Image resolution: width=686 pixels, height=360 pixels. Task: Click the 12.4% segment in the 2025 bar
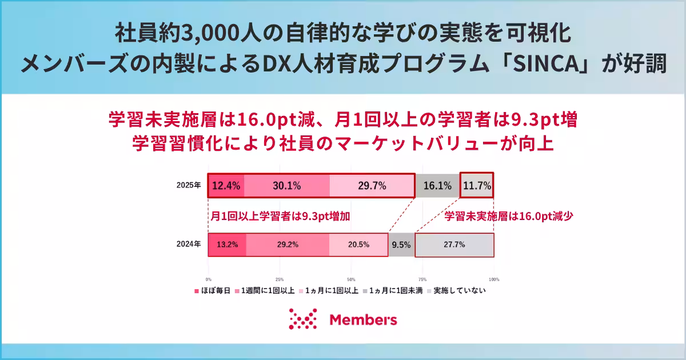(x=226, y=186)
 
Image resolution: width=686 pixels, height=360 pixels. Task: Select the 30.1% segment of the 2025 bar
(x=287, y=186)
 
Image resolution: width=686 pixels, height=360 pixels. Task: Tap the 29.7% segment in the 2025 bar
(x=372, y=186)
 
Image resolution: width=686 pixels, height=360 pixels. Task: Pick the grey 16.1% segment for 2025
(x=437, y=186)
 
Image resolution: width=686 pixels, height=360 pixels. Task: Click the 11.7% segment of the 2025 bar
(x=477, y=186)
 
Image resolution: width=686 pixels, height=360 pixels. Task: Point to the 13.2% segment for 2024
(x=227, y=245)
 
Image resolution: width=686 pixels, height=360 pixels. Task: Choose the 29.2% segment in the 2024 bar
(x=288, y=245)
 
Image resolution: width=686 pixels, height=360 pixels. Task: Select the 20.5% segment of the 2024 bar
(x=358, y=245)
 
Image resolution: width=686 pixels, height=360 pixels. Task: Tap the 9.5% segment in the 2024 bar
(x=401, y=245)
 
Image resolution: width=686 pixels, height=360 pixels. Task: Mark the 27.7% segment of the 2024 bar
(x=454, y=245)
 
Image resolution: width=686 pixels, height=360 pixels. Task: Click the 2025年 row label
(x=189, y=186)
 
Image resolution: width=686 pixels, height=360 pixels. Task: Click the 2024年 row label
(x=189, y=245)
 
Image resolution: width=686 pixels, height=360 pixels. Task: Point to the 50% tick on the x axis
(x=351, y=279)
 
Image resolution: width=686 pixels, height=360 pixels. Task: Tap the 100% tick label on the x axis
(x=494, y=279)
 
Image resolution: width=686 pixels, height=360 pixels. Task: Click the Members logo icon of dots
(x=302, y=319)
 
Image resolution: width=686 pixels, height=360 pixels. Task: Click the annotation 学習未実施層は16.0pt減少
(x=509, y=217)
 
